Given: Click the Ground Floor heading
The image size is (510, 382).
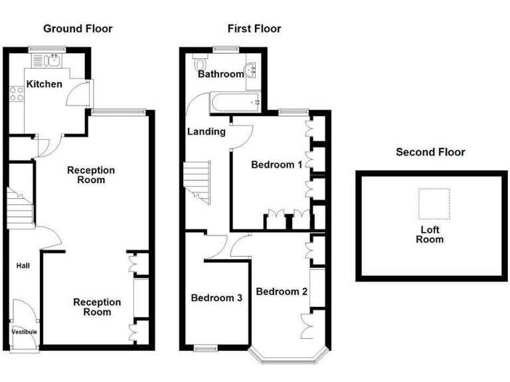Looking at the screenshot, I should (78, 29).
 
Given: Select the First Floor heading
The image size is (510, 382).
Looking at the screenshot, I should (254, 29).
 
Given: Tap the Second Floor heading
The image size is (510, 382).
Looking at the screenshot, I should (430, 152).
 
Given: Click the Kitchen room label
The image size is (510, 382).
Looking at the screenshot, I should (44, 84).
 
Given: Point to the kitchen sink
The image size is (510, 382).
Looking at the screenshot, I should (52, 61).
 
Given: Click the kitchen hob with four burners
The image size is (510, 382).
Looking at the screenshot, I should (17, 94).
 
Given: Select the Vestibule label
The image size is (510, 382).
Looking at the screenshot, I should (24, 332).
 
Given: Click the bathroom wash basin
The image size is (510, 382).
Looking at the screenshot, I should (253, 70).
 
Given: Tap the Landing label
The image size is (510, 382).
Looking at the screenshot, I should (206, 131).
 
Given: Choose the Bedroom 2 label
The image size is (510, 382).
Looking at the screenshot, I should (282, 291).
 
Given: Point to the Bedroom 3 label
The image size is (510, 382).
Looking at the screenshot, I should (216, 298).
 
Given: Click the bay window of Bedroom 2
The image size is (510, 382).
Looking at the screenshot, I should (288, 357).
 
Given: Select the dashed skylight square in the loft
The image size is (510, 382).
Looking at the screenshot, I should (434, 204).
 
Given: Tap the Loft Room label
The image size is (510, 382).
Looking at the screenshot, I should (430, 235).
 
